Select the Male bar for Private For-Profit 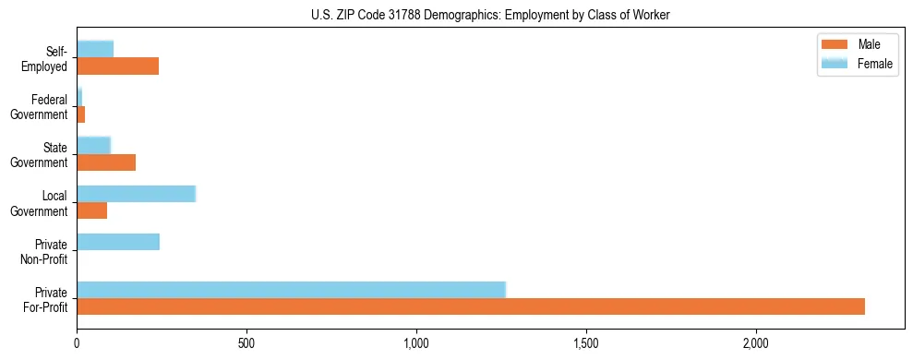tap(471, 306)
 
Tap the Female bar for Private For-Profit tap(291, 290)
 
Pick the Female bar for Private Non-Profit tap(118, 242)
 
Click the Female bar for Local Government tap(136, 194)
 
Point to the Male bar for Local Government tap(91, 210)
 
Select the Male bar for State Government tap(106, 162)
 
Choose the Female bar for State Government tap(93, 145)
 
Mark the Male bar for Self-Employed tap(117, 66)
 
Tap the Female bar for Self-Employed tap(95, 49)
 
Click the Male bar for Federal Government tap(81, 114)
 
